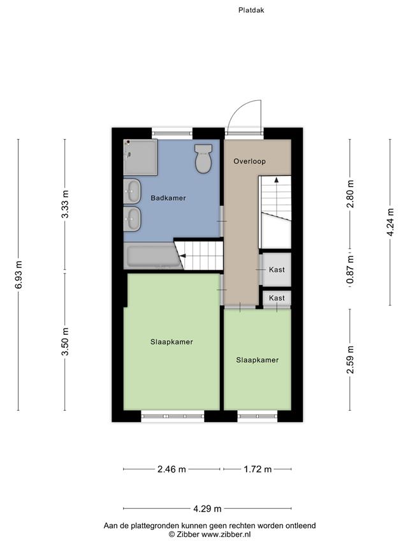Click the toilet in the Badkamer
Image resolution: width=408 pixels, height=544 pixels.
pos(203,159)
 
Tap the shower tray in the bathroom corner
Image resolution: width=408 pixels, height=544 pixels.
pos(140,157)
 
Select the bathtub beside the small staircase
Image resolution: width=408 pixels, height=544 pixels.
pos(153,256)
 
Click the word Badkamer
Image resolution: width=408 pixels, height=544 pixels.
pos(168,198)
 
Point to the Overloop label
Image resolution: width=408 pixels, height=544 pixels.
pos(249,161)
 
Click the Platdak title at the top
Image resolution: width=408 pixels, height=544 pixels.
pos(251,10)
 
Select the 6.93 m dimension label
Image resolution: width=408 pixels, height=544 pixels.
pos(18,274)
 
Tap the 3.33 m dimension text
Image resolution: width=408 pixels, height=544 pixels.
pos(65,204)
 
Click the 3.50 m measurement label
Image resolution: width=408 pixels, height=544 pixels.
pos(65,342)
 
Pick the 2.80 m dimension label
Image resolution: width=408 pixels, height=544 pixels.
pos(351,194)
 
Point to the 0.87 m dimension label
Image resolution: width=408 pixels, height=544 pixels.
pos(351,270)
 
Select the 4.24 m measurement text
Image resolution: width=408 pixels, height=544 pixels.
pos(390,222)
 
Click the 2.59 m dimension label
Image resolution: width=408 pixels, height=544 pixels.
pos(351,360)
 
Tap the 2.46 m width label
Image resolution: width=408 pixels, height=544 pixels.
pos(171,469)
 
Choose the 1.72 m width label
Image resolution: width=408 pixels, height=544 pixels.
pos(258,469)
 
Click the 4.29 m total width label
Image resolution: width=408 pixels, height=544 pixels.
pos(207,509)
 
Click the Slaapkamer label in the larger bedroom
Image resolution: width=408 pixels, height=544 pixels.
pos(171,342)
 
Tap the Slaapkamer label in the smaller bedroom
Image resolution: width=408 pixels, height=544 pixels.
pos(258,360)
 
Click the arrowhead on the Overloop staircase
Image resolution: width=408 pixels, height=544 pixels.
pos(277,179)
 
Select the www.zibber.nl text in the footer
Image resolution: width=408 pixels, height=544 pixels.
pos(226,534)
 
